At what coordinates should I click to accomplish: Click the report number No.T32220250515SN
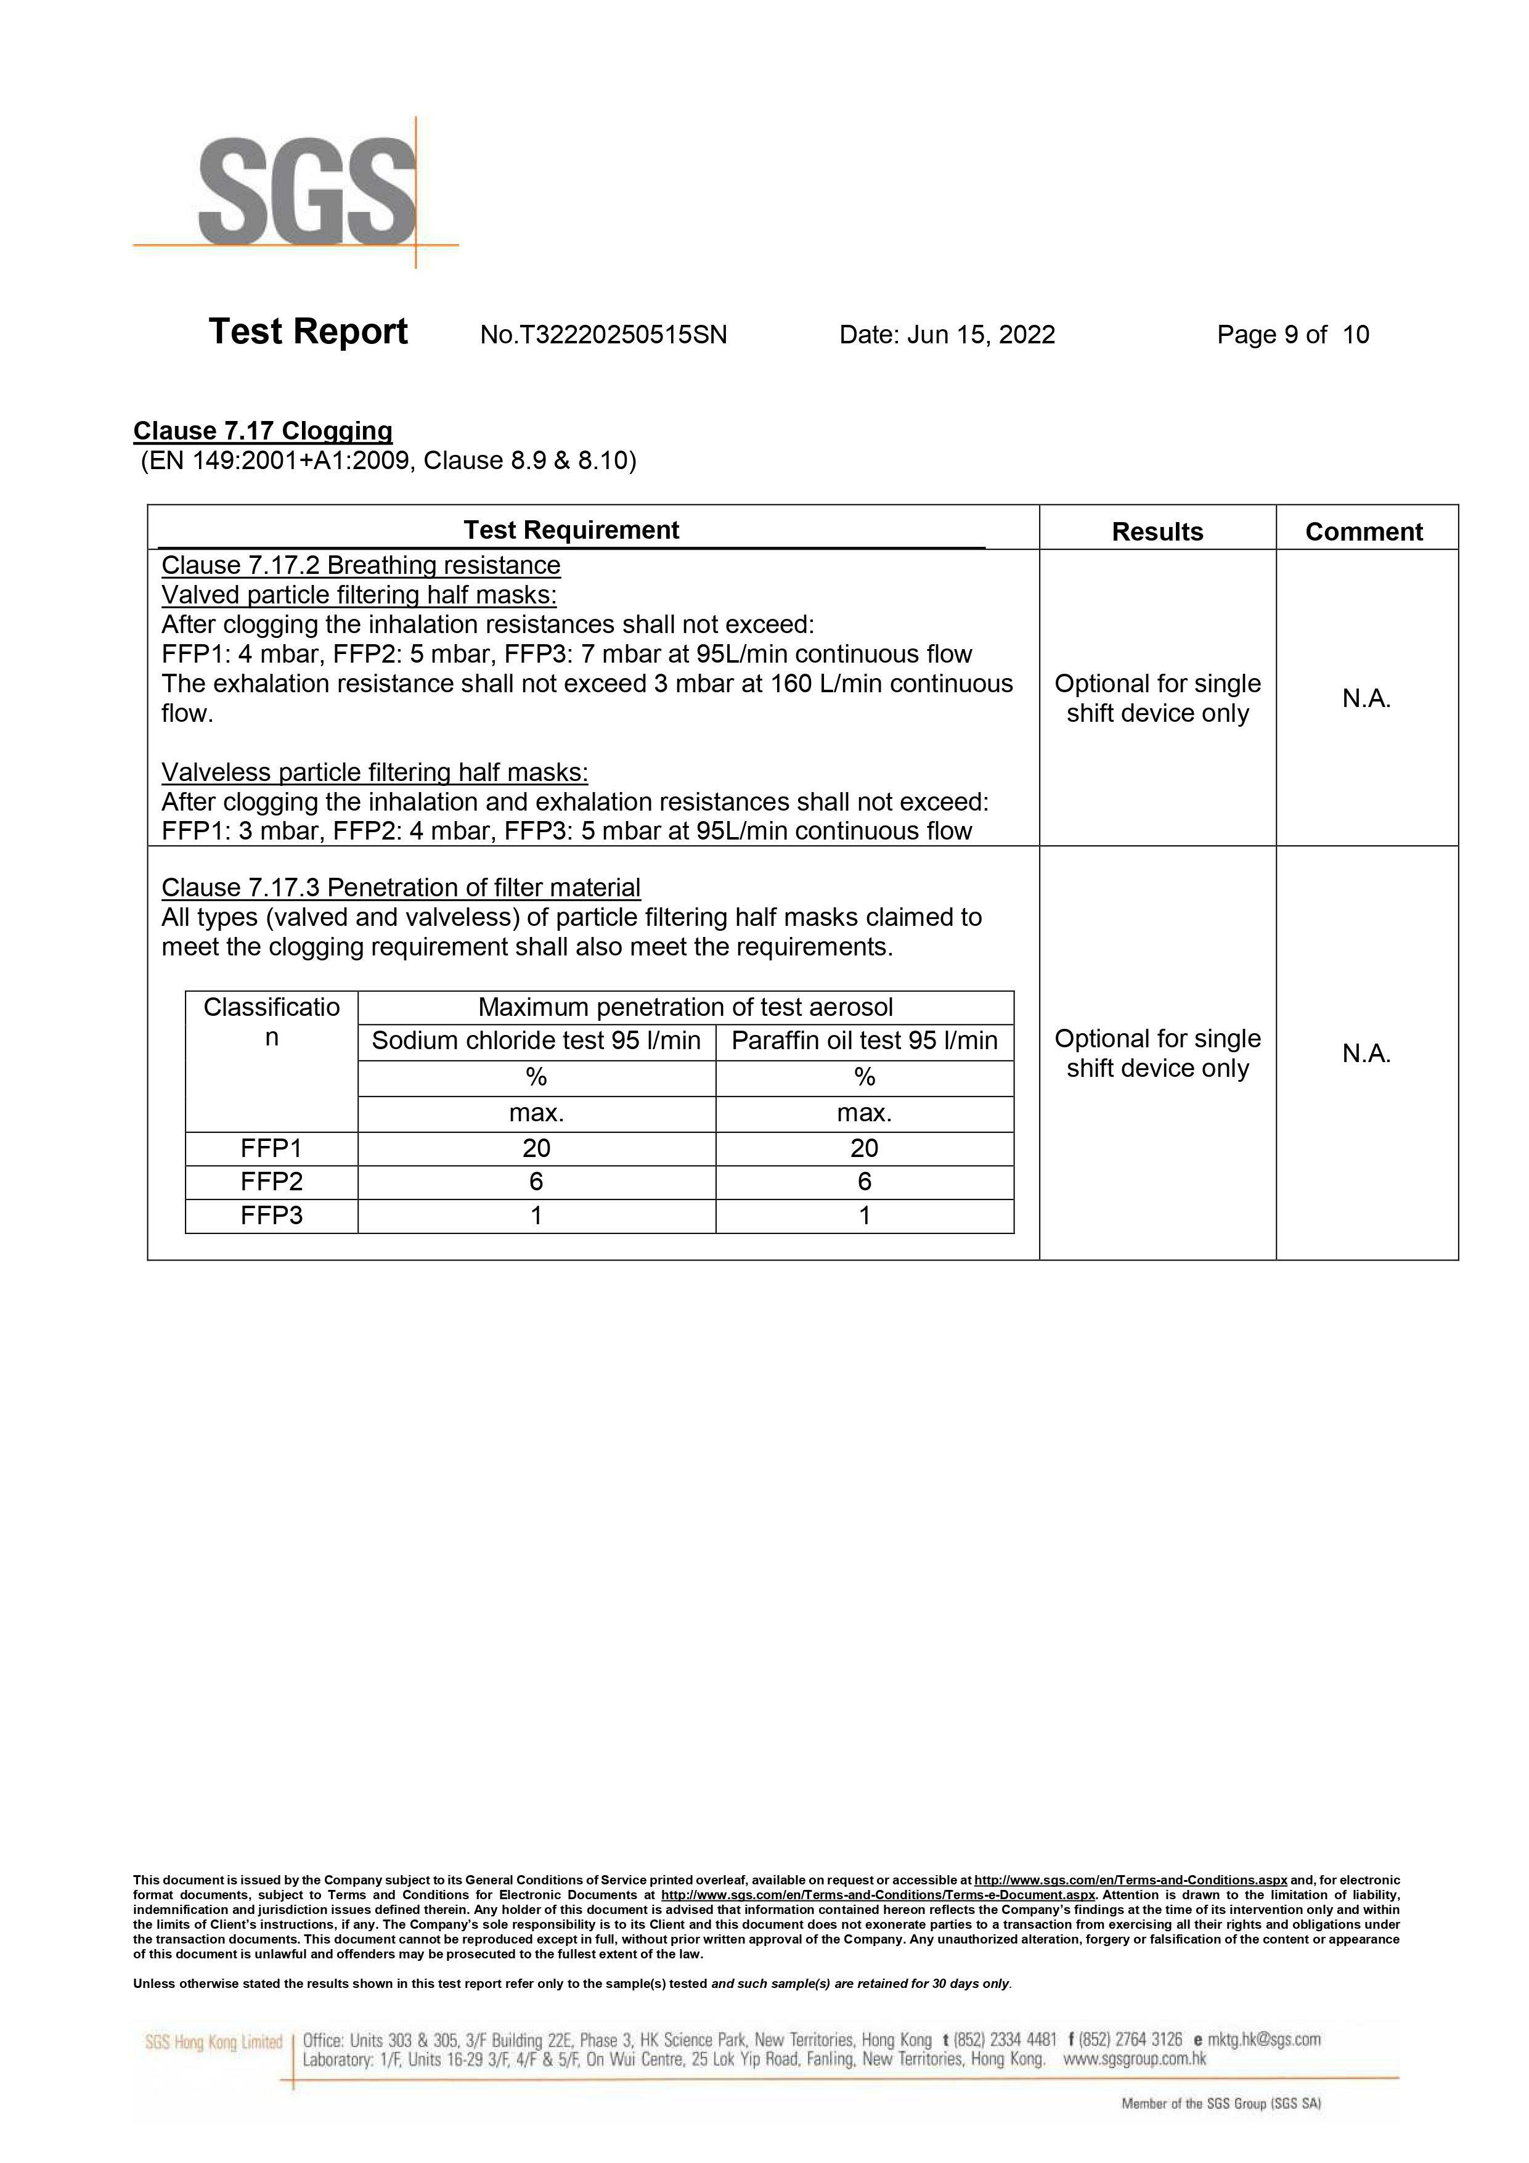click(x=603, y=335)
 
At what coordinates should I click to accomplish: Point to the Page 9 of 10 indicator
click(x=1292, y=335)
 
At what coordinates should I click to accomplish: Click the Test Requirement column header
click(x=571, y=530)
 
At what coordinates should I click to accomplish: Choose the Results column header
click(x=1157, y=531)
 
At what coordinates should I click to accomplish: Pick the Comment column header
click(x=1363, y=531)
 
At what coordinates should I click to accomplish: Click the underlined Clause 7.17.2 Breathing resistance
click(x=361, y=565)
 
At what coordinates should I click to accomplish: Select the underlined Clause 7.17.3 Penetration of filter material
click(x=401, y=888)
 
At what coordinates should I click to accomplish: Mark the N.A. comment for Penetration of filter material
click(x=1366, y=1053)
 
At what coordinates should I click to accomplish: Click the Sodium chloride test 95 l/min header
click(x=536, y=1041)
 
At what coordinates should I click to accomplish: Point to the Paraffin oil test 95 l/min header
click(x=864, y=1041)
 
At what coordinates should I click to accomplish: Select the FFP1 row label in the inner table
click(x=271, y=1148)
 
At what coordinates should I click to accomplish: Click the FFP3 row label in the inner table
click(x=271, y=1216)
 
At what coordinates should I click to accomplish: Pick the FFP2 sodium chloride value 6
click(x=536, y=1182)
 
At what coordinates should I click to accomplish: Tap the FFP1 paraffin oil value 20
click(x=864, y=1148)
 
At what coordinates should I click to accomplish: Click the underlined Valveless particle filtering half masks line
click(x=375, y=772)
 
